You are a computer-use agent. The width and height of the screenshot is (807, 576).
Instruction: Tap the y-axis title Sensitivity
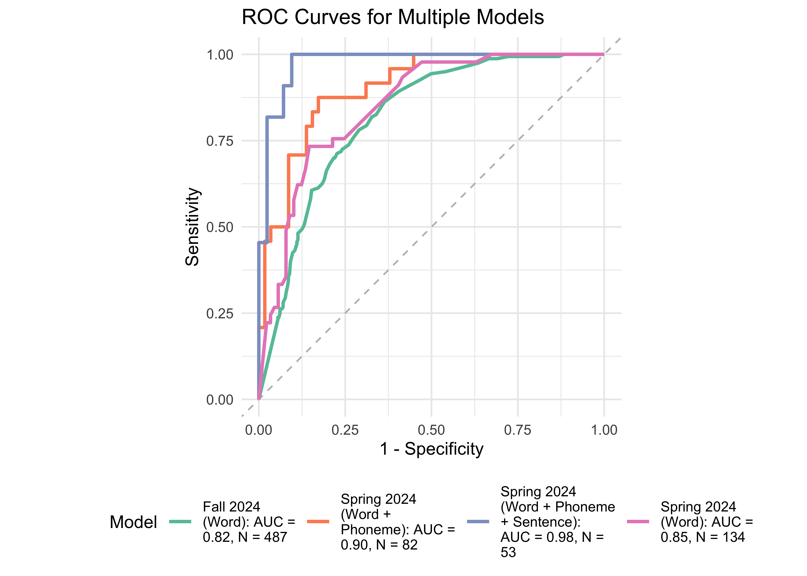point(192,227)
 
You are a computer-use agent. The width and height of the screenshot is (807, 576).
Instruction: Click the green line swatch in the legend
point(180,521)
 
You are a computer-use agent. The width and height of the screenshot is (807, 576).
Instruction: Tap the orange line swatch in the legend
point(318,521)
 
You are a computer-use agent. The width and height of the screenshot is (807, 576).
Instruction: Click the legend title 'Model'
point(133,522)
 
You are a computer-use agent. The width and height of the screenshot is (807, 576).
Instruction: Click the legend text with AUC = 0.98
point(557,522)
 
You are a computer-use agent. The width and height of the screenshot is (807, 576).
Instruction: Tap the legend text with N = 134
point(706,522)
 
